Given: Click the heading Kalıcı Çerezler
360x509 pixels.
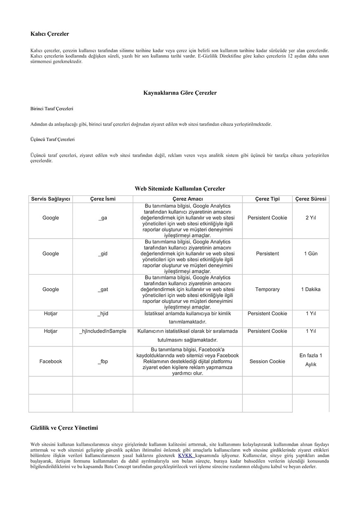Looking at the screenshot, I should click(49, 34).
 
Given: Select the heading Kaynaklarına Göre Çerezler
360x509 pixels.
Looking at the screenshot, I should click(180, 93).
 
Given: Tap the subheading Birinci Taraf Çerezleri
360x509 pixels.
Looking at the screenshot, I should click(52, 109).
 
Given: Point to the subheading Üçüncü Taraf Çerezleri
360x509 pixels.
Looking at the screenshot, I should click(52, 139).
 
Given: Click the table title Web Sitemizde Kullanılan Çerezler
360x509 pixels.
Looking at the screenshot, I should click(180, 188).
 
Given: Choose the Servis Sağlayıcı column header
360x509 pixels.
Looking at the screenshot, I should click(51, 199).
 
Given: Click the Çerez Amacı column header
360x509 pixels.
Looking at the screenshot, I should click(188, 199).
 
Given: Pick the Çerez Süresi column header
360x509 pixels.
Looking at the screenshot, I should click(311, 199).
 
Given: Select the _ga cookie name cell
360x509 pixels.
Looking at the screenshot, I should click(103, 218).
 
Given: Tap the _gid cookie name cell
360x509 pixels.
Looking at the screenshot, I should click(103, 253).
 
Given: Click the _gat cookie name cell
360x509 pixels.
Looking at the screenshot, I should click(103, 289).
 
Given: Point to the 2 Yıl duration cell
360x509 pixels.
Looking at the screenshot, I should click(311, 218).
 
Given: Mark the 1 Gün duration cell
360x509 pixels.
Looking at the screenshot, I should click(311, 253).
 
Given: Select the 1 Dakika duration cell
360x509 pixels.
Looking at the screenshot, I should click(311, 289).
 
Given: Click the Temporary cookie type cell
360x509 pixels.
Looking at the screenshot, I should click(267, 289).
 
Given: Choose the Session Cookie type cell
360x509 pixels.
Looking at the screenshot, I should click(267, 361).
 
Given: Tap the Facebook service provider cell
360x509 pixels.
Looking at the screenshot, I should click(51, 361).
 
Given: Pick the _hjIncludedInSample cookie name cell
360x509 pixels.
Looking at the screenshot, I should click(103, 331).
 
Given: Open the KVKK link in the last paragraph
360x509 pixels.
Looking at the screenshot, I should click(186, 455).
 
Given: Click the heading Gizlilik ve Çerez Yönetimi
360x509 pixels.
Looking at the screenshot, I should click(64, 428).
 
